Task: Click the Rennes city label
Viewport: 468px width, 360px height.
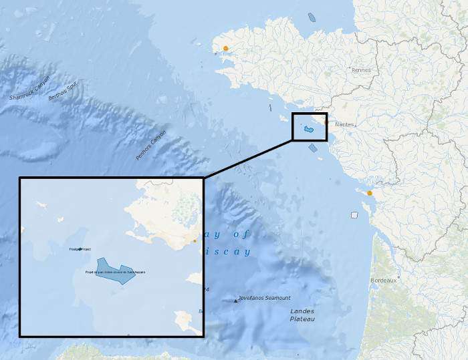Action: tap(361, 69)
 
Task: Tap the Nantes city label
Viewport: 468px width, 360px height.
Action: tap(344, 124)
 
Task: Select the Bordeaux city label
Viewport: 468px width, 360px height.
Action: tap(383, 281)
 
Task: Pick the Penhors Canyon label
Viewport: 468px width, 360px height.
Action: tap(150, 145)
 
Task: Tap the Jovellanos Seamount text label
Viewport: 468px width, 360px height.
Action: tap(265, 298)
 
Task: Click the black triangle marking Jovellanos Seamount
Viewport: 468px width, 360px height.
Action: tap(236, 301)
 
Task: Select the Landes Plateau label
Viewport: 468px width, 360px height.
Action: tap(302, 315)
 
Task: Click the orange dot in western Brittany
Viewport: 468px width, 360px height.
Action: tap(226, 48)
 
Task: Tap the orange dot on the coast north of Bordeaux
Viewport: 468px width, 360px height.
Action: tap(370, 193)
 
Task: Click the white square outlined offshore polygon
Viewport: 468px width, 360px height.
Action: tap(354, 215)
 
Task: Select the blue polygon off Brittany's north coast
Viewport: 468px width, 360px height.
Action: tap(312, 17)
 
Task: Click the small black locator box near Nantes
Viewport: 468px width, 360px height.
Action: tap(310, 127)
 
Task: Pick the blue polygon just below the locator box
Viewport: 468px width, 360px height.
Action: tap(313, 148)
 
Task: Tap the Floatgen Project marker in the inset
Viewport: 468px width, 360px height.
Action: tap(80, 249)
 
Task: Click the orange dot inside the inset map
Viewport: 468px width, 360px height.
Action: tap(195, 240)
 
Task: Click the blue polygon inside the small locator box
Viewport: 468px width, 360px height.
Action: tap(310, 129)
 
